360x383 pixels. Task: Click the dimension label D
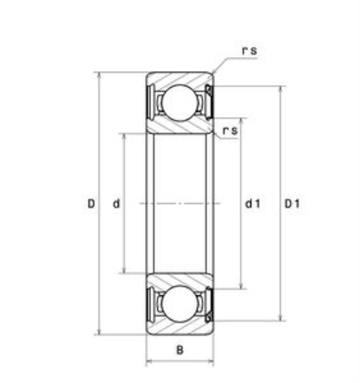tap(91, 203)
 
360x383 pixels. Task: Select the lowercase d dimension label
tap(116, 203)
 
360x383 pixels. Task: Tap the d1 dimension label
tap(253, 203)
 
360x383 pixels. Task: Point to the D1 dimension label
tap(292, 203)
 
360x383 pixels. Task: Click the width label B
tap(180, 350)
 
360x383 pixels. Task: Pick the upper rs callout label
tap(249, 51)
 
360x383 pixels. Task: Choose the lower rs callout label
tap(230, 130)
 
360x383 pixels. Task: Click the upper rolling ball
tap(180, 102)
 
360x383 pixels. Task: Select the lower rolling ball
tap(180, 304)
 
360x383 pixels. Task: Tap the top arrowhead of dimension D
tap(99, 75)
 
